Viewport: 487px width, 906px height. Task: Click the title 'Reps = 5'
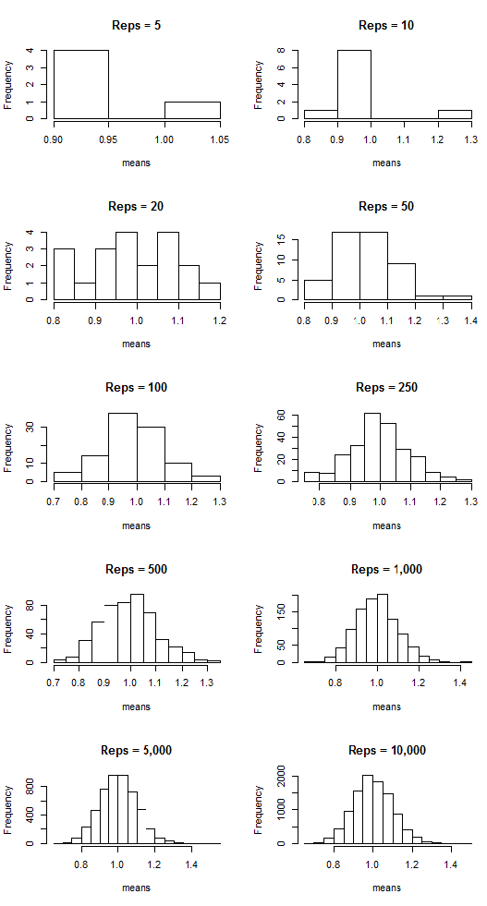[x=136, y=25]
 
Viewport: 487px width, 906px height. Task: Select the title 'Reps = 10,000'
[x=386, y=750]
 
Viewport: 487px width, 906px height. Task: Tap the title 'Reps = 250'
[x=386, y=387]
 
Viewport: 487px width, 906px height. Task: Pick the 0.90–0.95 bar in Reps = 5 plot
[x=81, y=85]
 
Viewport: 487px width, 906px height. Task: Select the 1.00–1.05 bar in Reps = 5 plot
[x=192, y=110]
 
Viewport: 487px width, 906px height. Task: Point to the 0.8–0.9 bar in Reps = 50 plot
[x=317, y=290]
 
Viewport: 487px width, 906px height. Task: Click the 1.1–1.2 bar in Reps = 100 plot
[x=177, y=472]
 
